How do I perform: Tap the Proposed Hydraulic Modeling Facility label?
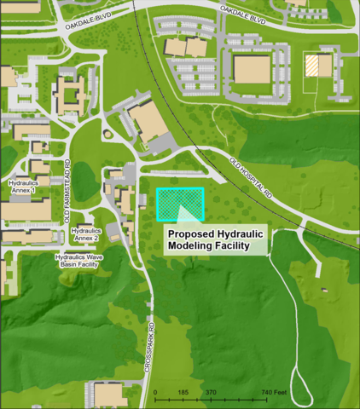(x=216, y=239)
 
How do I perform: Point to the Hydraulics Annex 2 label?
(x=92, y=234)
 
